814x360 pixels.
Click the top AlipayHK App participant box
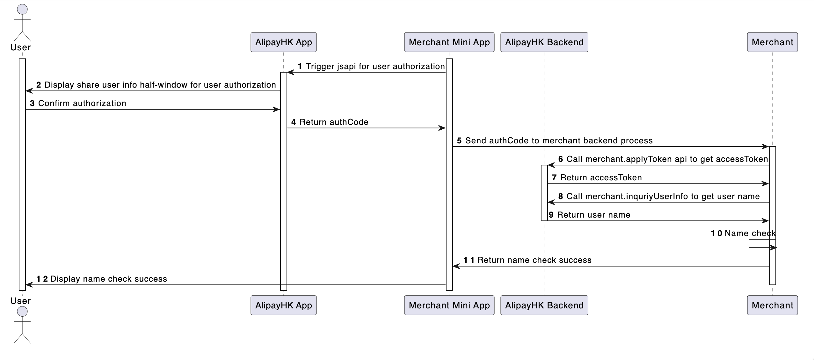click(x=283, y=42)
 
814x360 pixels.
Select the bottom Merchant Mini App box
click(x=449, y=305)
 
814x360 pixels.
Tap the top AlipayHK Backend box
click(x=544, y=42)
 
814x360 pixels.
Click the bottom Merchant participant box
click(x=772, y=305)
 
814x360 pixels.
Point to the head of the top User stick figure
click(x=22, y=9)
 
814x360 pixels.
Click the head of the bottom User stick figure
click(x=22, y=311)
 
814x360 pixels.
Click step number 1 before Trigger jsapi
click(x=300, y=66)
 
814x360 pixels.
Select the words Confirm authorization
click(x=82, y=103)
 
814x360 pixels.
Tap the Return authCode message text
click(x=334, y=122)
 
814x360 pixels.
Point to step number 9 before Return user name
click(x=551, y=215)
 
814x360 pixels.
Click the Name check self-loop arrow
click(x=762, y=244)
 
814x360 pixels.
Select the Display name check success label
click(x=108, y=279)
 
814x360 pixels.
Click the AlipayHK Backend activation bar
click(x=544, y=193)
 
